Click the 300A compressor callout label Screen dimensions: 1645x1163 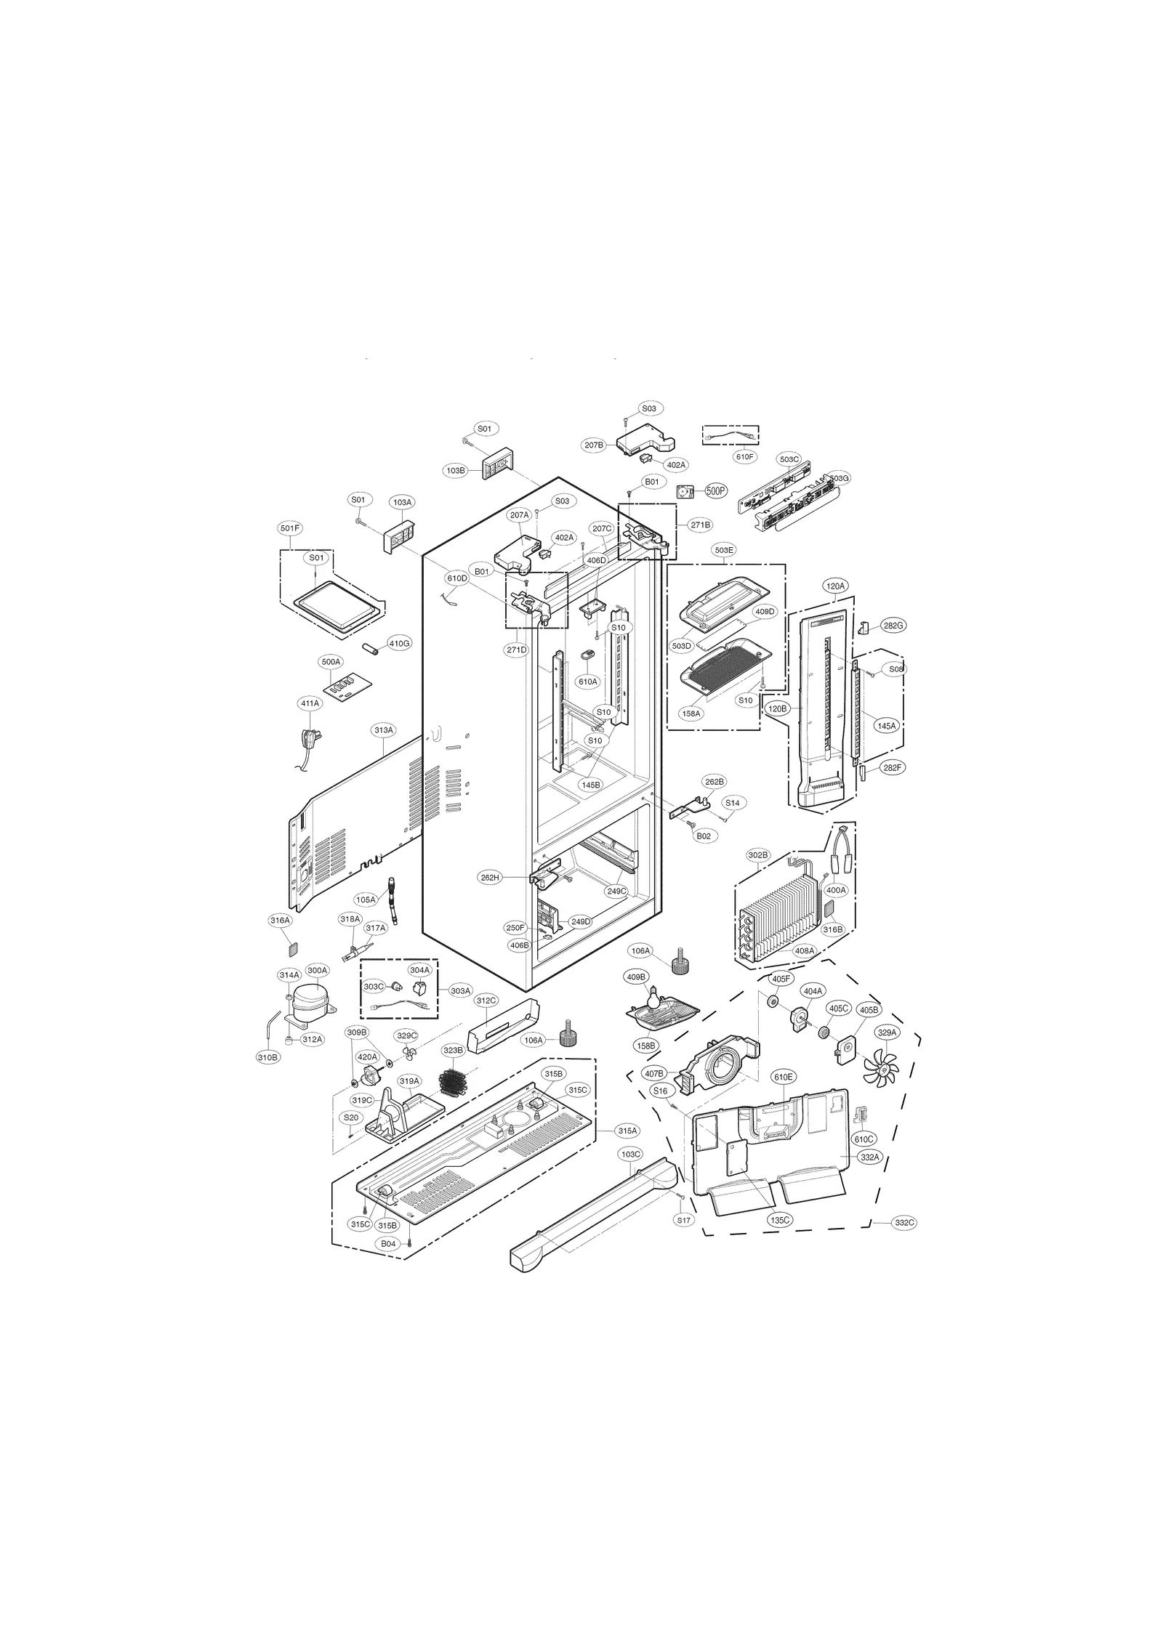pos(318,970)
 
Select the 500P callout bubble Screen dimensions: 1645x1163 pos(716,491)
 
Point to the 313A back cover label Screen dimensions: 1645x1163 pos(383,729)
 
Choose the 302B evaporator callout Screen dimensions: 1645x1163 pos(758,855)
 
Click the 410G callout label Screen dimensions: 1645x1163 pos(399,643)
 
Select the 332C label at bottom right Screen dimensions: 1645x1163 pos(904,1223)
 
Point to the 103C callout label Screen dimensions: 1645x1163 pos(630,1174)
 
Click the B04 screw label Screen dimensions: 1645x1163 pos(389,1244)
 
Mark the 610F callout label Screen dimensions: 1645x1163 pos(745,456)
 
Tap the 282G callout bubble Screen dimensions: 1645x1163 pos(894,625)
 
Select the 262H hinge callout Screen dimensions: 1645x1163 pos(491,878)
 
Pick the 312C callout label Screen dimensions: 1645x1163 pos(486,1001)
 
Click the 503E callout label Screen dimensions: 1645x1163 pos(724,550)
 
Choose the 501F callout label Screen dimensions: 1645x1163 pos(290,528)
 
